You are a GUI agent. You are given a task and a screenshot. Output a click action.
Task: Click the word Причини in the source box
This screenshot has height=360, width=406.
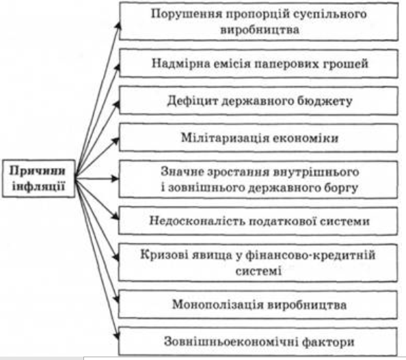[38, 171]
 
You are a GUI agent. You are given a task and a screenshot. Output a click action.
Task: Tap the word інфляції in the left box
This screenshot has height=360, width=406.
[38, 186]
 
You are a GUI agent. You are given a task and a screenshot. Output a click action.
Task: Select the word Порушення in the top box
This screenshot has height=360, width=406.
[187, 14]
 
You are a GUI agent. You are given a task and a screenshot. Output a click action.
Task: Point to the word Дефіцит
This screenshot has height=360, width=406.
[193, 100]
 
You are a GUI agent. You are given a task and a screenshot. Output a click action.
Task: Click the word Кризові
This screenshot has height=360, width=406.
[165, 255]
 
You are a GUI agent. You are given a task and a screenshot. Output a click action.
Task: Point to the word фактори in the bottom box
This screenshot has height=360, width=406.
[328, 342]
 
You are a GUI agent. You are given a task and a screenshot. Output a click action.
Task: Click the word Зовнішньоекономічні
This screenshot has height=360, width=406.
[231, 342]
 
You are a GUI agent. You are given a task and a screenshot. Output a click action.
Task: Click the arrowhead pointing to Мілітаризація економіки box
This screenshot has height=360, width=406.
[116, 141]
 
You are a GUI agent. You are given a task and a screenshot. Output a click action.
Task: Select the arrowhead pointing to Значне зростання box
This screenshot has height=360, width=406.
[115, 178]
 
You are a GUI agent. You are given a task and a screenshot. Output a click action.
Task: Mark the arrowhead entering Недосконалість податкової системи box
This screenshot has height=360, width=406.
[116, 217]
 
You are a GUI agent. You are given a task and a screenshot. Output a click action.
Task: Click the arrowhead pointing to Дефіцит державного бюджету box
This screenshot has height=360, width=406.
[116, 105]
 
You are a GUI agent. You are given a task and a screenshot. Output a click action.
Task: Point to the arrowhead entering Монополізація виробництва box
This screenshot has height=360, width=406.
[117, 299]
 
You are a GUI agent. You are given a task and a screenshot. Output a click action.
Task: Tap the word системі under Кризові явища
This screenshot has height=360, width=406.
[258, 271]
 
